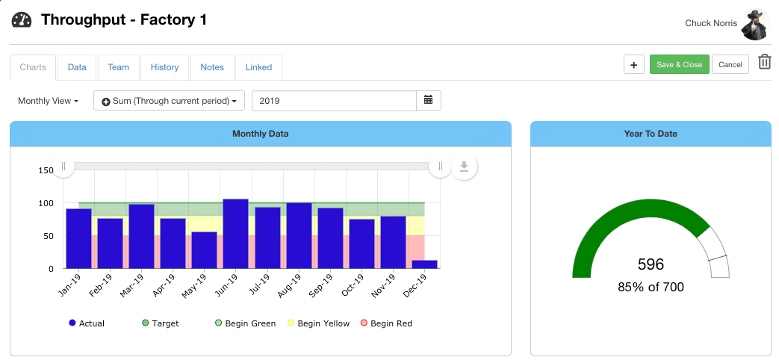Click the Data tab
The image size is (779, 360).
(77, 67)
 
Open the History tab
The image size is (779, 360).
(164, 67)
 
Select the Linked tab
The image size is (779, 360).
(258, 67)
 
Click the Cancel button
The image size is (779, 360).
(730, 65)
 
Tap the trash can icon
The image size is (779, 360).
(764, 63)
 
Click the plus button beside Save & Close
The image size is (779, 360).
(633, 65)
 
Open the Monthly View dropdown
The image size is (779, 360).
(48, 101)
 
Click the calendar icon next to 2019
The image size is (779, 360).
(429, 100)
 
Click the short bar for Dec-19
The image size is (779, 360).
(424, 264)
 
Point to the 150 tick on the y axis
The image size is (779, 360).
(46, 171)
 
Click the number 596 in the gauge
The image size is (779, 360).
(651, 264)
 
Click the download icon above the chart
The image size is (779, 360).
(464, 166)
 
